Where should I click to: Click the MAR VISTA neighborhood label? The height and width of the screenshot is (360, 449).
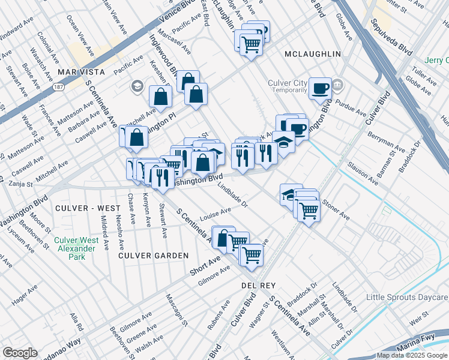(x=81, y=72)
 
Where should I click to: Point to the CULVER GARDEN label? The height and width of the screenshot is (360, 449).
(x=153, y=255)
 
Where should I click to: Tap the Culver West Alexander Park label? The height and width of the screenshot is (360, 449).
(x=76, y=248)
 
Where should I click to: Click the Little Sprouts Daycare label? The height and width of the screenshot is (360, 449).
(x=408, y=298)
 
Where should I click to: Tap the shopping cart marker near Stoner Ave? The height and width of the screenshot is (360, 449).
(x=309, y=211)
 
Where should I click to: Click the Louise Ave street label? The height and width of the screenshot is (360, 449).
(x=216, y=214)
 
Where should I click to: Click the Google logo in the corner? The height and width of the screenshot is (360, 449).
(x=20, y=352)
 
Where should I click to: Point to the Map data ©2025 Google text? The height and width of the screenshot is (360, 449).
(x=412, y=355)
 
